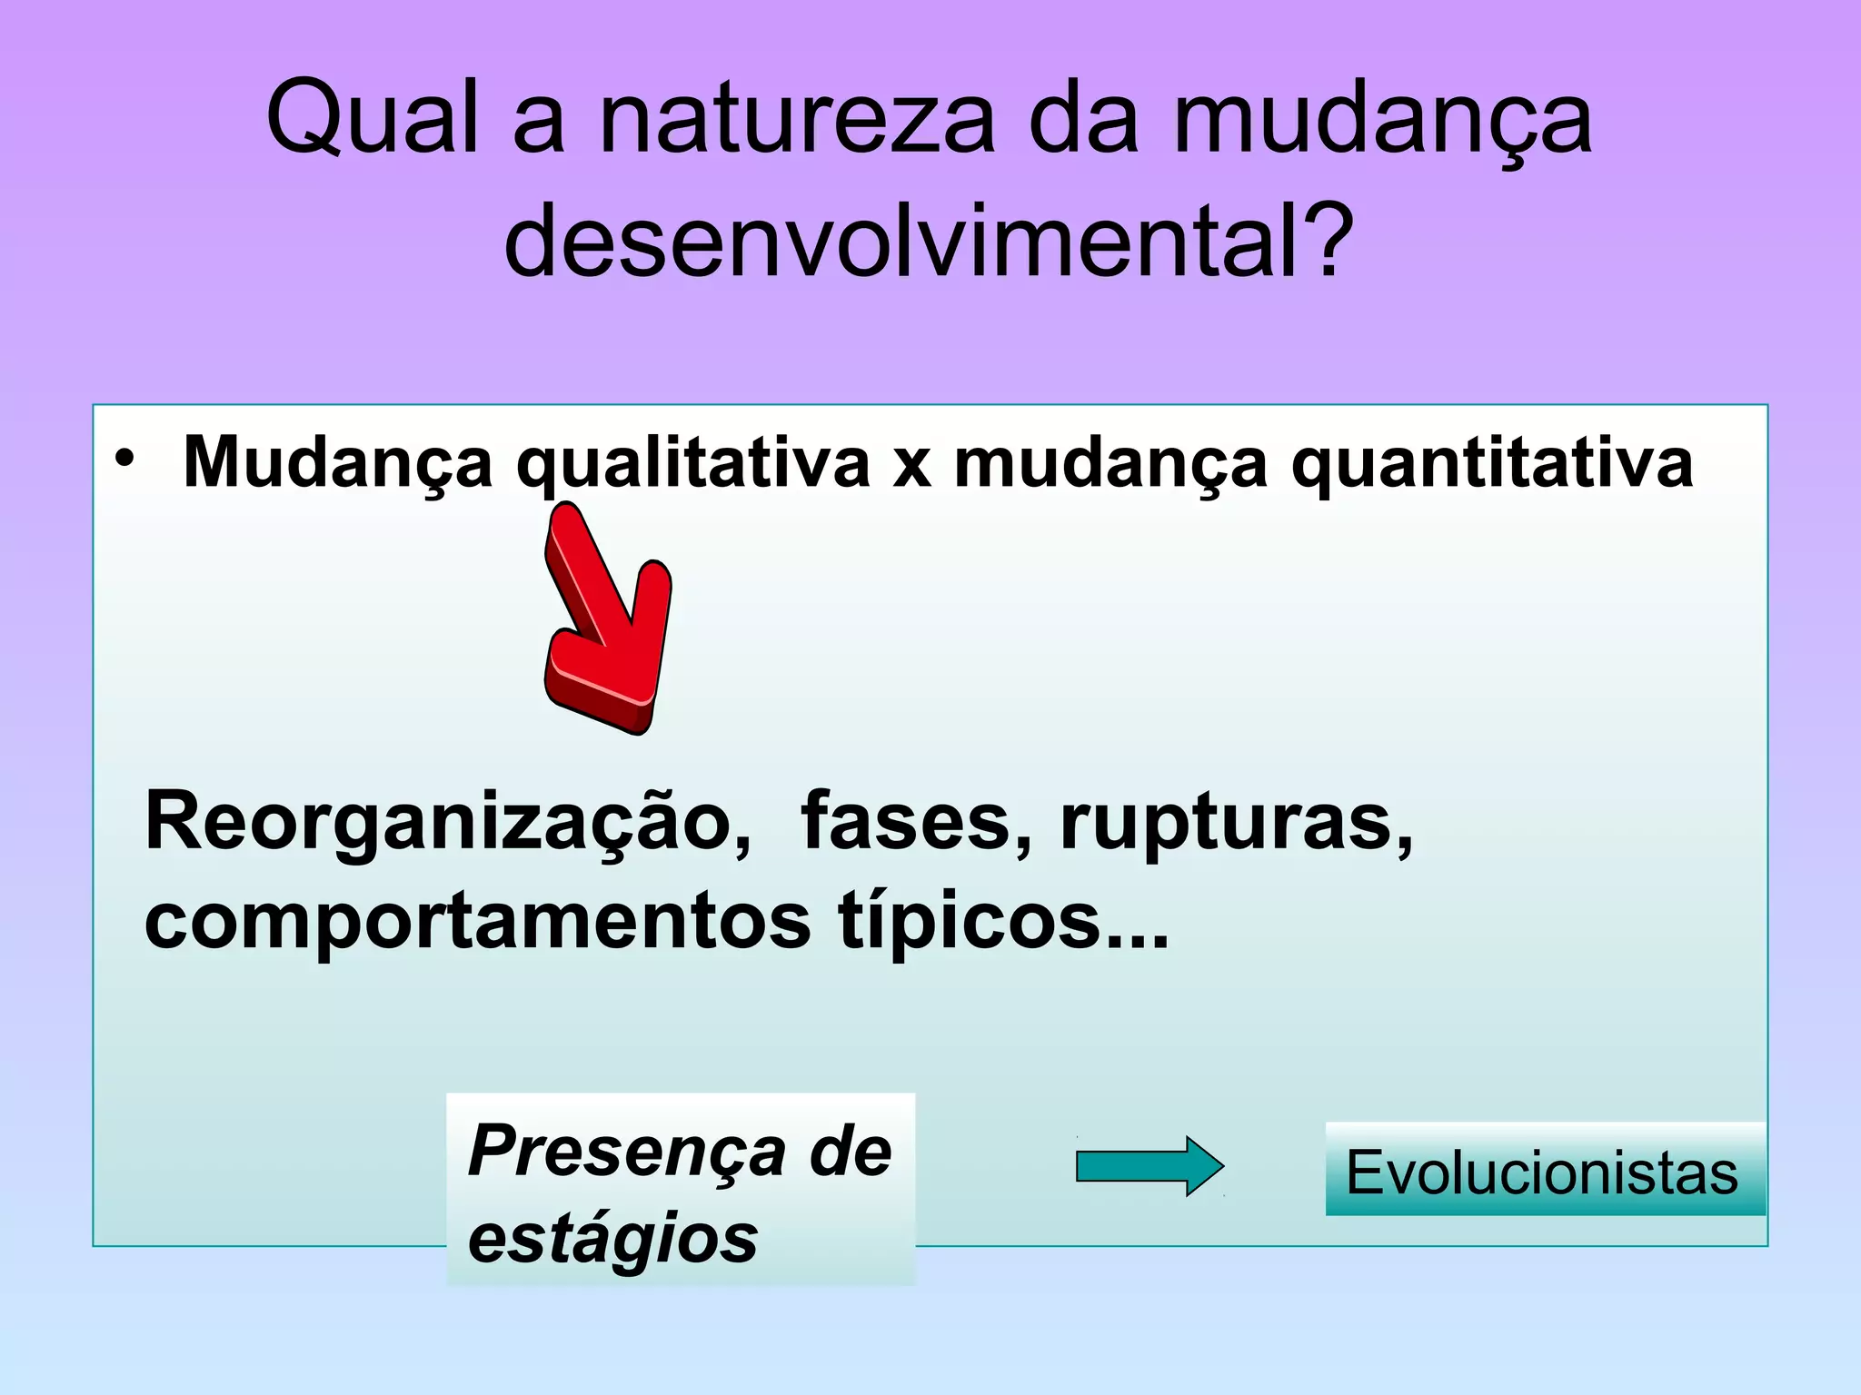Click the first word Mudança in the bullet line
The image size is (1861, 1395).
(x=338, y=463)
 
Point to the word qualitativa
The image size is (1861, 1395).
(x=692, y=463)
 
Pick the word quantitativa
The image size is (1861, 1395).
(x=1492, y=463)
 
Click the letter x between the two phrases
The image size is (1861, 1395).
(x=911, y=465)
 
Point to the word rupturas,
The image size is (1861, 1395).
(x=1236, y=823)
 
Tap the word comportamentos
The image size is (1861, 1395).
(x=476, y=921)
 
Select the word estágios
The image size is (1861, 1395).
(x=612, y=1239)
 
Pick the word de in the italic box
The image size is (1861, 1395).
(x=851, y=1152)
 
